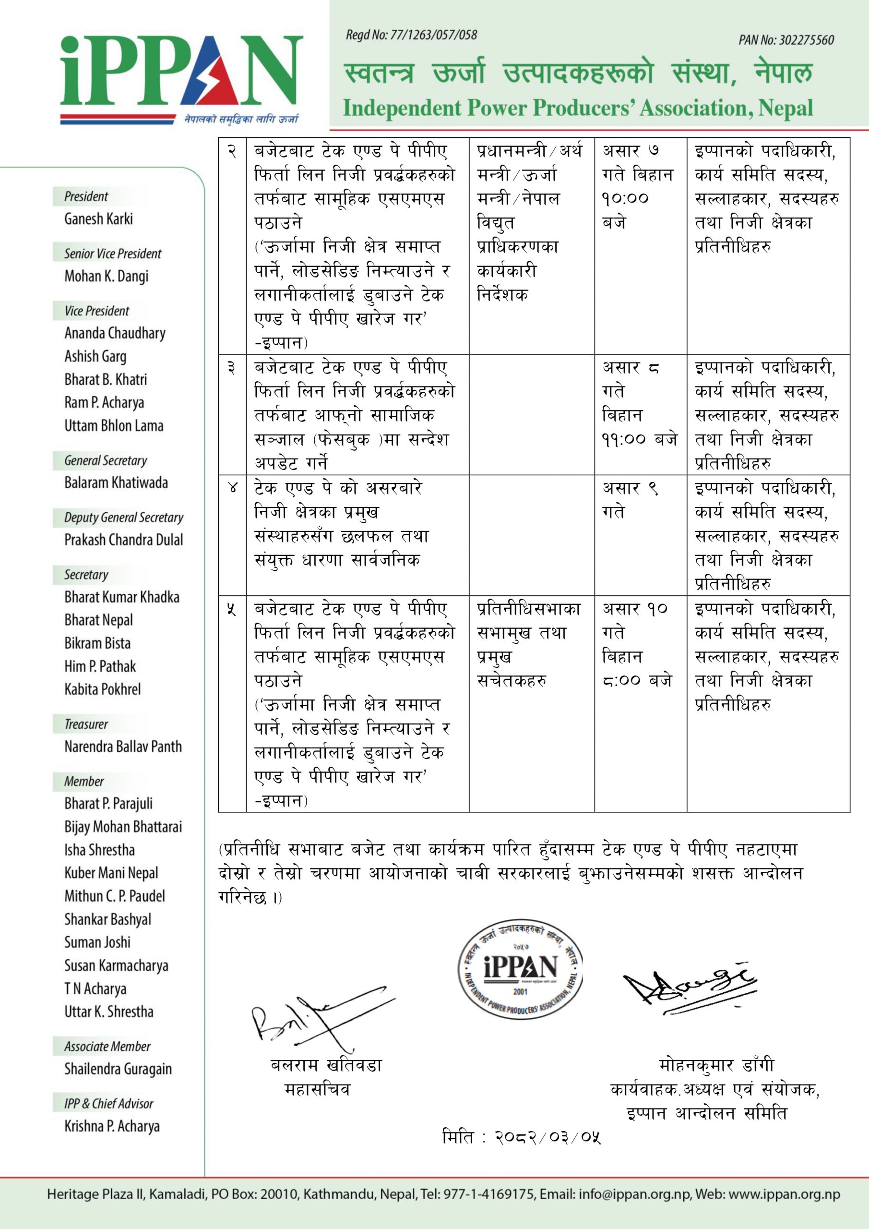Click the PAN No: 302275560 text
coord(786,40)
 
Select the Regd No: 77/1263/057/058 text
coord(411,36)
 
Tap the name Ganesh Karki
coord(98,219)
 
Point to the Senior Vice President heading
coord(112,254)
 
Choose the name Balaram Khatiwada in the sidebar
coord(116,483)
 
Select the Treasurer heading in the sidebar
coord(86,724)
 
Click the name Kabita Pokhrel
coord(103,689)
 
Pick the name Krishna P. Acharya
coord(112,1126)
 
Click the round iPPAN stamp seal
coord(521,973)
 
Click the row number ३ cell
coord(232,368)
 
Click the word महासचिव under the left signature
coord(317,1089)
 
